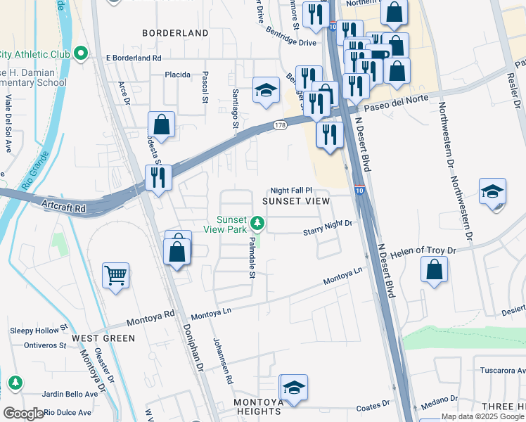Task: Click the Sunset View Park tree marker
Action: tap(258, 224)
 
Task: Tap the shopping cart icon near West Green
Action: tap(115, 274)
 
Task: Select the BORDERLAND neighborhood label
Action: tap(175, 33)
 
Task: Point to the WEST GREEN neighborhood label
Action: tap(103, 338)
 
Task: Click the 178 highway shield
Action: tap(280, 125)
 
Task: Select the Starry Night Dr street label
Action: tap(327, 227)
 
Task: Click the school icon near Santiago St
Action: tap(266, 90)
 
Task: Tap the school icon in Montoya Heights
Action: tap(294, 387)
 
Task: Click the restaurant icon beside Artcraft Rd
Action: tap(158, 177)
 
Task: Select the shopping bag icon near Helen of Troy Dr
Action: tap(435, 269)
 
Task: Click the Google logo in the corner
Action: tap(23, 414)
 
